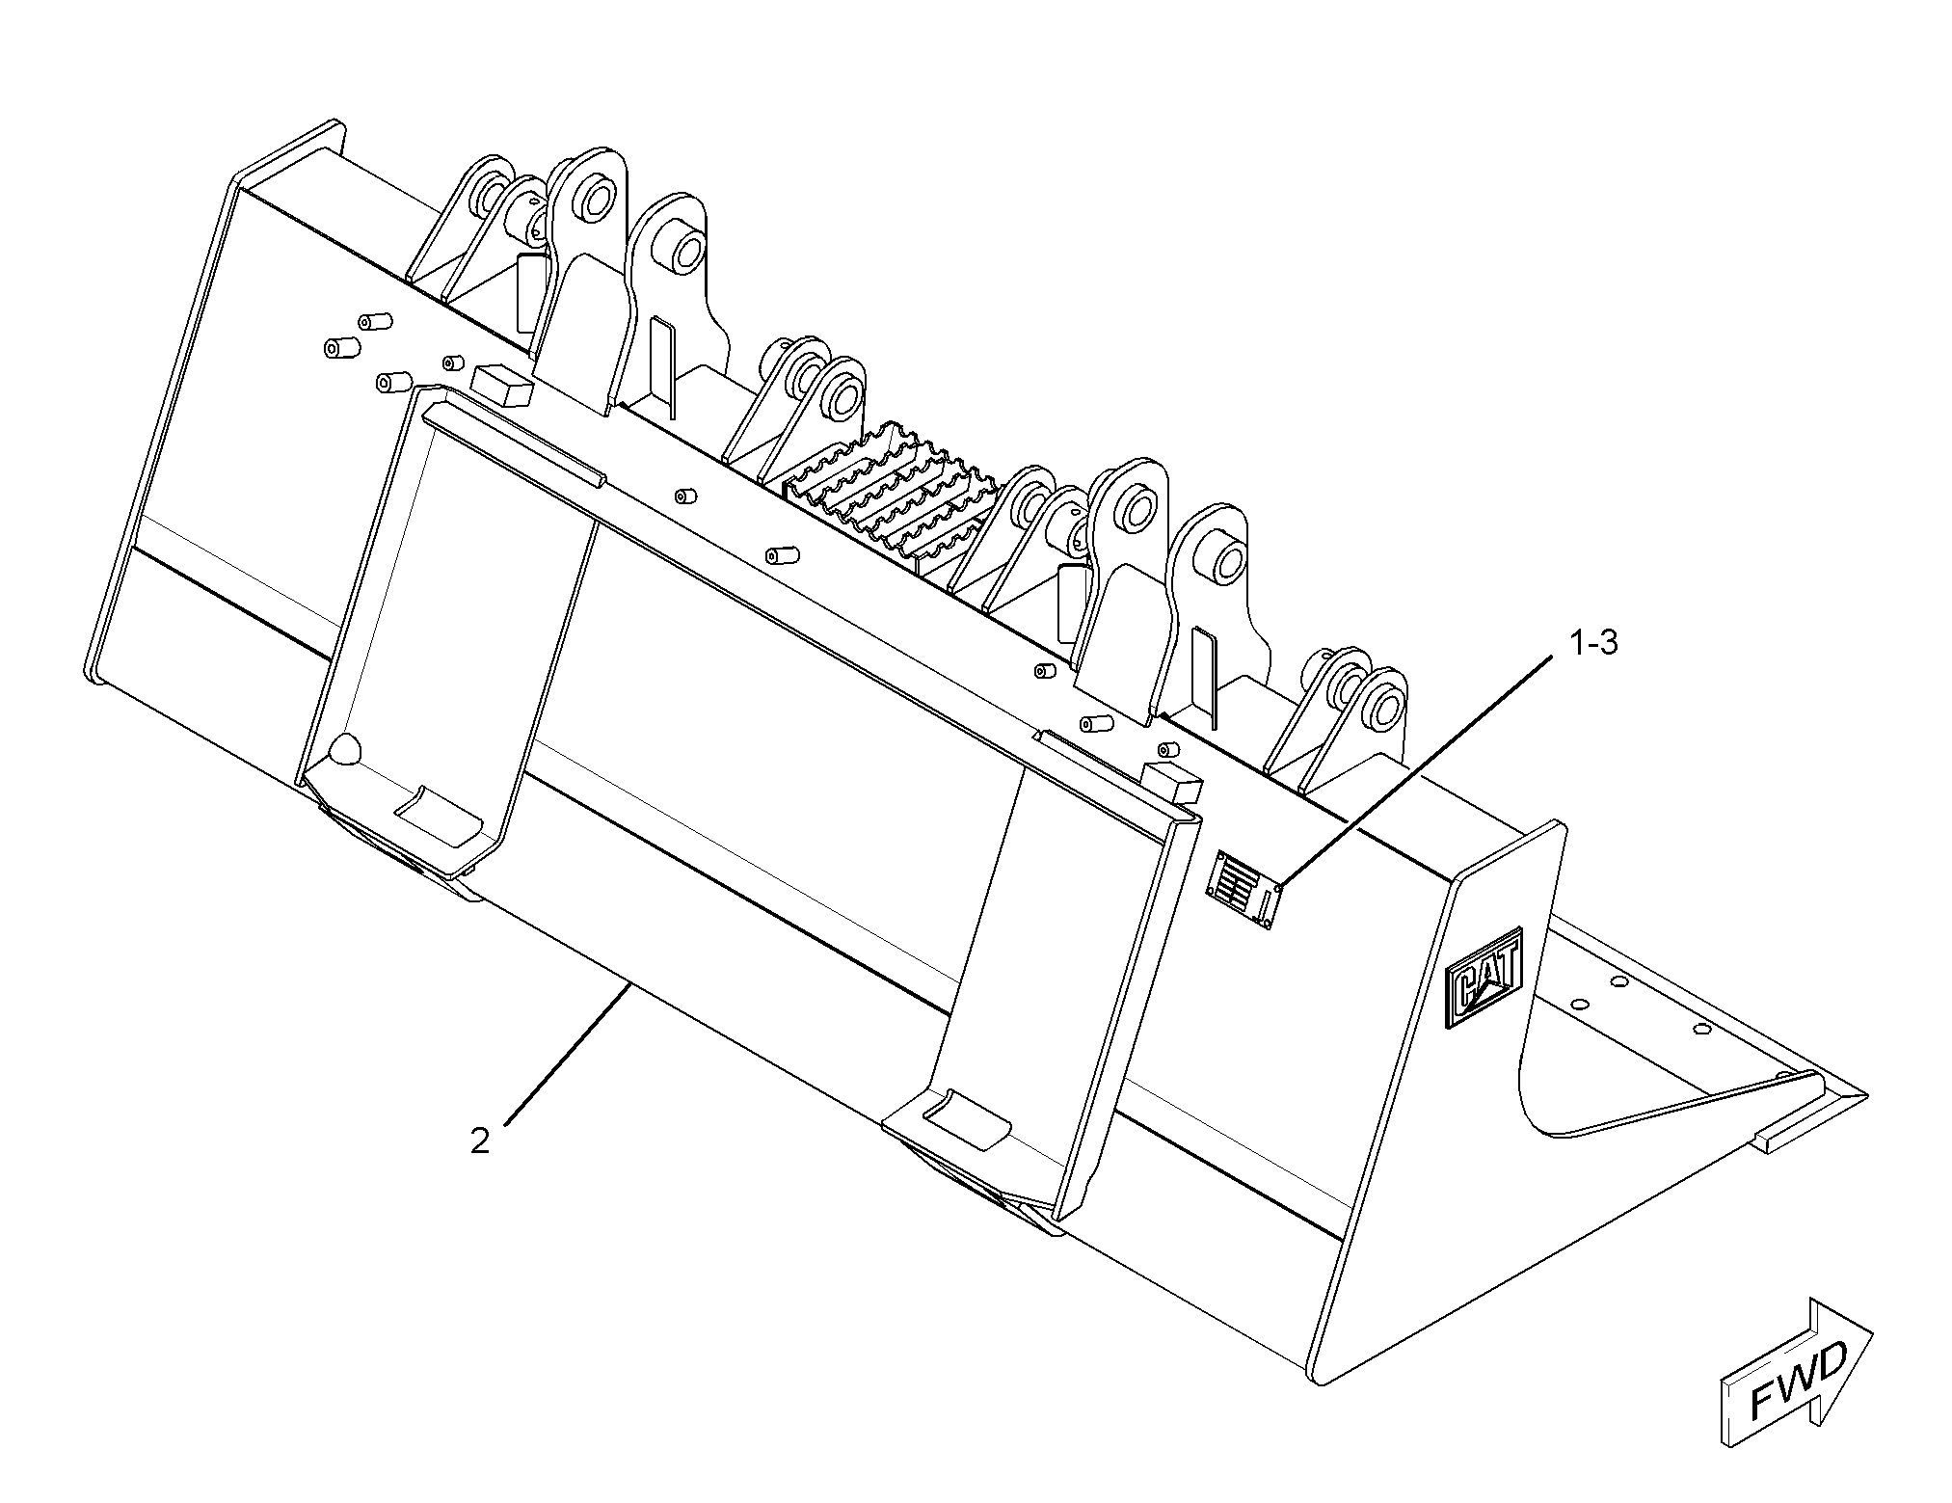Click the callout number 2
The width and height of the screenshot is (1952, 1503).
point(479,1141)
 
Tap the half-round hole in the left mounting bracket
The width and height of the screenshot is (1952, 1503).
point(344,751)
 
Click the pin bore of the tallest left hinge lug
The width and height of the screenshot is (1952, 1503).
point(589,200)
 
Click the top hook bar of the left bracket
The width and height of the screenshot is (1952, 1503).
point(514,444)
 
